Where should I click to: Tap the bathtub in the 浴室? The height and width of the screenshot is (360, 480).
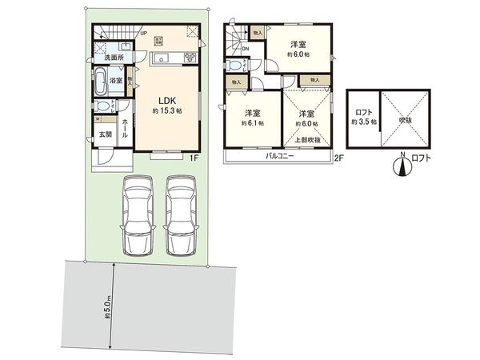click(x=100, y=80)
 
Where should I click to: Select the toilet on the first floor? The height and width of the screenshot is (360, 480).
click(x=101, y=106)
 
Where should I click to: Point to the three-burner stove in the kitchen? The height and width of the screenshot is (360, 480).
click(x=190, y=57)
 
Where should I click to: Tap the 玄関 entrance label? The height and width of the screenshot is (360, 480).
click(x=106, y=134)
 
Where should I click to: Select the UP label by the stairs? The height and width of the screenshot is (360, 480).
click(x=143, y=34)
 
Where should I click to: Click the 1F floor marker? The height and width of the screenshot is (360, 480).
click(x=194, y=158)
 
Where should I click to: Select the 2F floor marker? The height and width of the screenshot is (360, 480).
click(x=338, y=158)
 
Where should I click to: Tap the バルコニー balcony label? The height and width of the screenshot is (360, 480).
click(x=280, y=157)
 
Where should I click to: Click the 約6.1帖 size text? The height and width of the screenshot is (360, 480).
click(x=251, y=124)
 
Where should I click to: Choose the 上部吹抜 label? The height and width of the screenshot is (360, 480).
click(x=306, y=139)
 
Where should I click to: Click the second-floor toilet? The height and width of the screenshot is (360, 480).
click(x=235, y=66)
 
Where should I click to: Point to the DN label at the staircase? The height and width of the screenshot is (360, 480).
click(x=244, y=48)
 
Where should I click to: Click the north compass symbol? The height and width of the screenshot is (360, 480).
click(x=402, y=166)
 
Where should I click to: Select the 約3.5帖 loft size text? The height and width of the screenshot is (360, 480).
click(x=362, y=122)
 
